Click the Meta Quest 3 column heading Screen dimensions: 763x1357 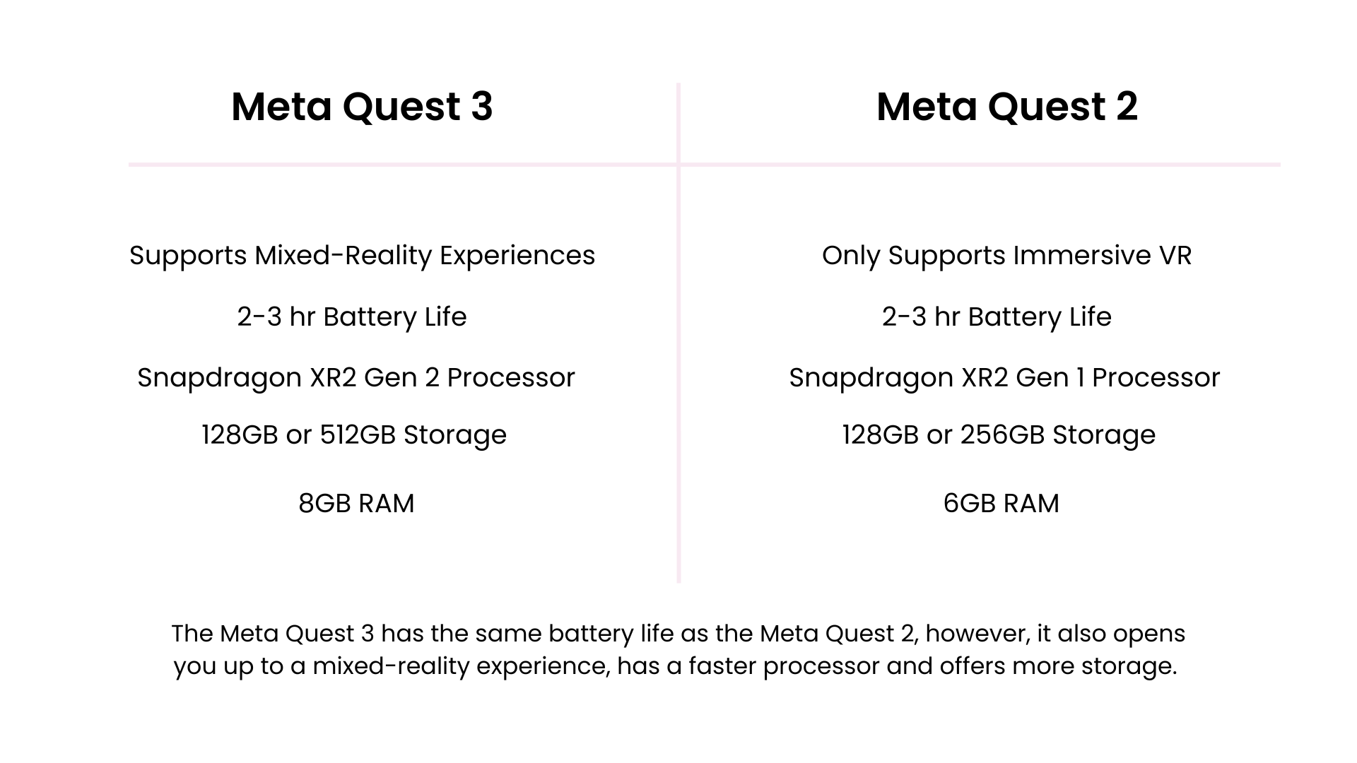pos(362,107)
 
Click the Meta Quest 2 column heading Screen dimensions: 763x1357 pos(1006,107)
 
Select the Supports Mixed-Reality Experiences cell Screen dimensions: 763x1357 pos(362,256)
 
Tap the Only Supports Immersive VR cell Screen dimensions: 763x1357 pos(1006,256)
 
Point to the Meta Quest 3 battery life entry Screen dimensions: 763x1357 pos(352,317)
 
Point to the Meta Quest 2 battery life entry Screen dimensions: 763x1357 pos(997,317)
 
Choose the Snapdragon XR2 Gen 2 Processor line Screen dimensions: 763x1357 pos(356,378)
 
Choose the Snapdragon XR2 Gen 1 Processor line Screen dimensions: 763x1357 pos(1004,378)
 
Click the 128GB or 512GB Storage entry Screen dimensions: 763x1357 pos(354,435)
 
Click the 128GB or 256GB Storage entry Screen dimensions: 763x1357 pos(999,435)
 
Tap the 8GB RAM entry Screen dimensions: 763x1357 pos(356,504)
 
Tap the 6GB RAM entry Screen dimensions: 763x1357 pos(1001,504)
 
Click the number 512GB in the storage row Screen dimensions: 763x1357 pos(358,435)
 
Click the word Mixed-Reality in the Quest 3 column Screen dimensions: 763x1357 pos(343,256)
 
